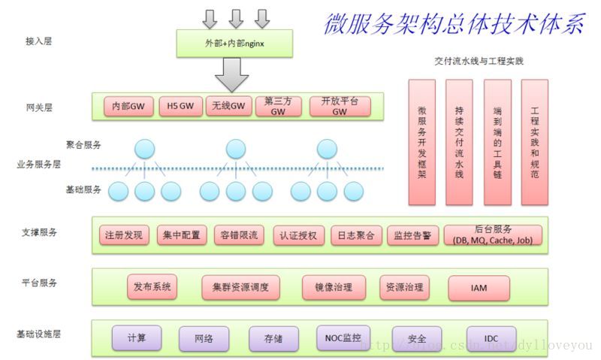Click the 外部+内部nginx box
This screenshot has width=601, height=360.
coord(234,44)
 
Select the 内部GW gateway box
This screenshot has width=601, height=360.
coord(128,107)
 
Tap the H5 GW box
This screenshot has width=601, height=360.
coord(180,107)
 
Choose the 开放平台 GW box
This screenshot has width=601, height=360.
coord(340,106)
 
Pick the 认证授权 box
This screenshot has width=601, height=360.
coord(298,235)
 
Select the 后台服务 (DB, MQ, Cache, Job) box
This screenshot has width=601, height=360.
coord(493,235)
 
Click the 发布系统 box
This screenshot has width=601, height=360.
coord(153,287)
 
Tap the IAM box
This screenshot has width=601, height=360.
coord(479,287)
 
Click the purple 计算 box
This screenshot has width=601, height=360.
coord(137,337)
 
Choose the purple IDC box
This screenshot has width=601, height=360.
coord(491,337)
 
